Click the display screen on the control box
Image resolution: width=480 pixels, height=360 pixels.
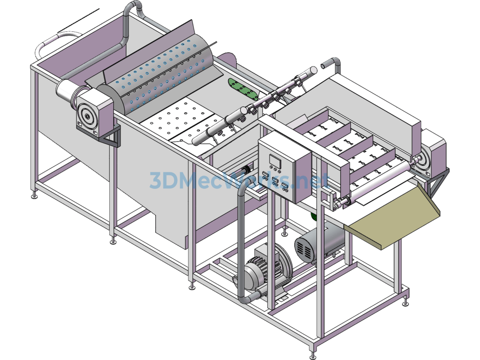[x=275, y=160]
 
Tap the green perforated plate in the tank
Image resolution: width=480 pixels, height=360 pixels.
[x=244, y=89]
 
